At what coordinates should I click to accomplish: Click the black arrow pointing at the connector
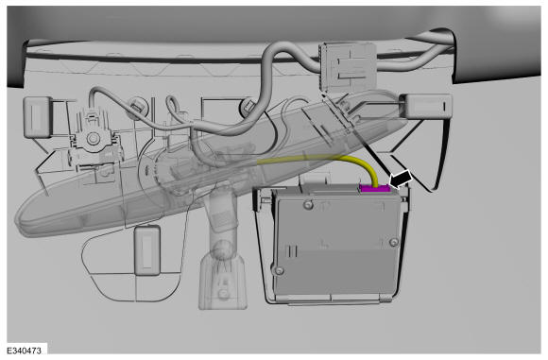coord(401,180)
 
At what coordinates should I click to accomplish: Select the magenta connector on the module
coord(375,189)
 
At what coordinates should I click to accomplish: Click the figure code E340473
coord(24,351)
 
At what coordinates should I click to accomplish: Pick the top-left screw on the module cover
coord(308,204)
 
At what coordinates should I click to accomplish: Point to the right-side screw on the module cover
coord(394,242)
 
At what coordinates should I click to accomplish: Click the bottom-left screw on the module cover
coord(279,270)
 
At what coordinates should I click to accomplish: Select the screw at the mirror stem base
coord(222,293)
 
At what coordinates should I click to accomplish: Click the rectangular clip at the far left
coord(38,117)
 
